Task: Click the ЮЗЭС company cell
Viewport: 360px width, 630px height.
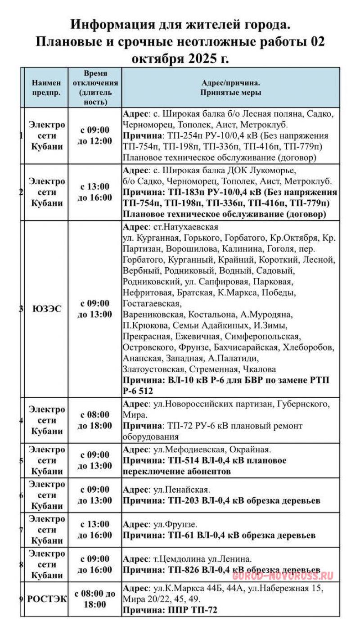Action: tap(47, 309)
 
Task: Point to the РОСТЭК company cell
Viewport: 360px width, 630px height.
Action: tap(47, 599)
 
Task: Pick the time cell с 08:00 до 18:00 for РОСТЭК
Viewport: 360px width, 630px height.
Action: tap(95, 599)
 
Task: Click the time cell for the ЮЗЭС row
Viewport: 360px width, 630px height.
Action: tap(95, 309)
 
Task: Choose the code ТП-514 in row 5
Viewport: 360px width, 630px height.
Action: tap(183, 460)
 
